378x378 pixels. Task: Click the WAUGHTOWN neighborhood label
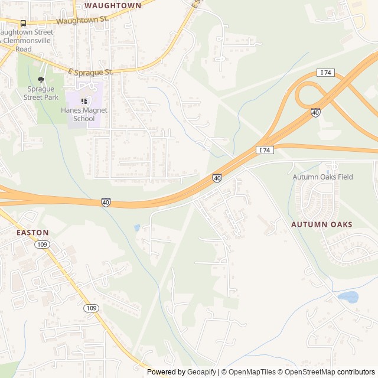[x=113, y=5]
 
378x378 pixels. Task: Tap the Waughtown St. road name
[x=83, y=19]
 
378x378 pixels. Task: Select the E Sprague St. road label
[x=90, y=72]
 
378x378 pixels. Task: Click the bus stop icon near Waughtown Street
[x=23, y=23]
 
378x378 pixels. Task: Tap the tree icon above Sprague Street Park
[x=41, y=80]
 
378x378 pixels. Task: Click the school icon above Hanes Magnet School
[x=84, y=100]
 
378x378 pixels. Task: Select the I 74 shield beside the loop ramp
[x=325, y=72]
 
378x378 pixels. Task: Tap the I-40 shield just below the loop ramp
[x=316, y=112]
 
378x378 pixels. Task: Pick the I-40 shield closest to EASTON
[x=106, y=202]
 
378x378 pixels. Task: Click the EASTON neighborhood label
[x=32, y=233]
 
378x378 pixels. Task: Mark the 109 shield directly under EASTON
[x=41, y=245]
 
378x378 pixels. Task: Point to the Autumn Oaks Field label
[x=322, y=177]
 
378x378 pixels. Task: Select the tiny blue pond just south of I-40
[x=137, y=227]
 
